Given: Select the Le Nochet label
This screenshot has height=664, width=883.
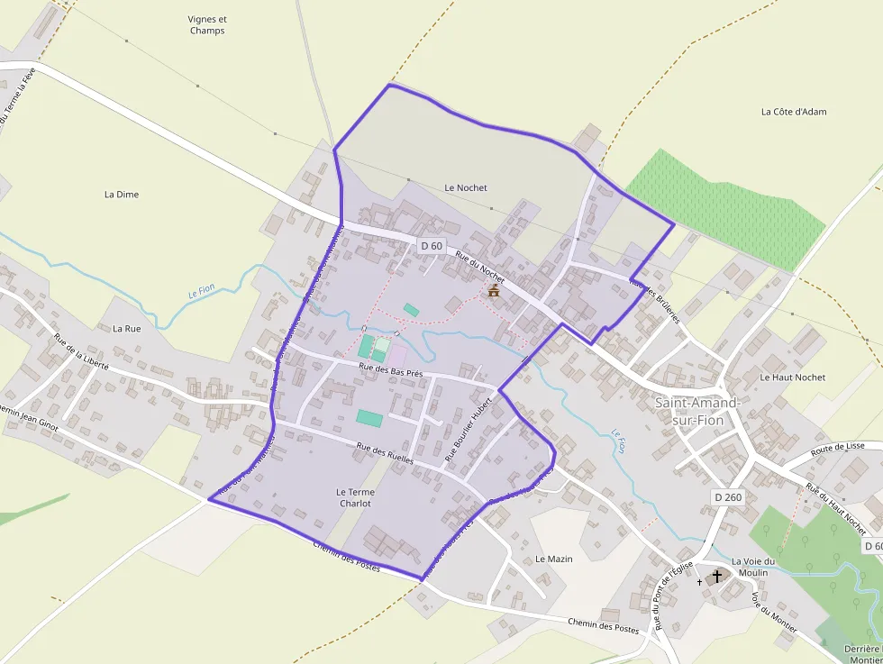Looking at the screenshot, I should pos(466,187).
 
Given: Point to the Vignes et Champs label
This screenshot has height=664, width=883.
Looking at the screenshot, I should pos(207,24).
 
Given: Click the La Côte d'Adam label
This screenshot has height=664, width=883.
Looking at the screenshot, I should pos(794,112).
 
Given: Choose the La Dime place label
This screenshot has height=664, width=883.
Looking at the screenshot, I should pos(122,194).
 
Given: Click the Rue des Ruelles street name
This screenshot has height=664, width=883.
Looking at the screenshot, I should pos(385,452).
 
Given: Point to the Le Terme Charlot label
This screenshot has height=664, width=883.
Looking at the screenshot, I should pos(355,497).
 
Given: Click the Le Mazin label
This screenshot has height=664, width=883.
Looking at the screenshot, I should pos(554,559).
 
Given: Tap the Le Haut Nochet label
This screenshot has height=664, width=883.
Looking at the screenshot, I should pos(793,377).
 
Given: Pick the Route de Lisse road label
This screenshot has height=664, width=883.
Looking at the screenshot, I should pos(837,446).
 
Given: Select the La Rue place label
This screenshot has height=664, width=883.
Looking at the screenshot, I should pos(126,329).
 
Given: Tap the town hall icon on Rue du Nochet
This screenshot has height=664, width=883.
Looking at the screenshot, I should pos(493,291).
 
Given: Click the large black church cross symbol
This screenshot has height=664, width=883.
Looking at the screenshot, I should pos(717,576).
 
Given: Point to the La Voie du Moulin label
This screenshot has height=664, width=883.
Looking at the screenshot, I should pos(753,567).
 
